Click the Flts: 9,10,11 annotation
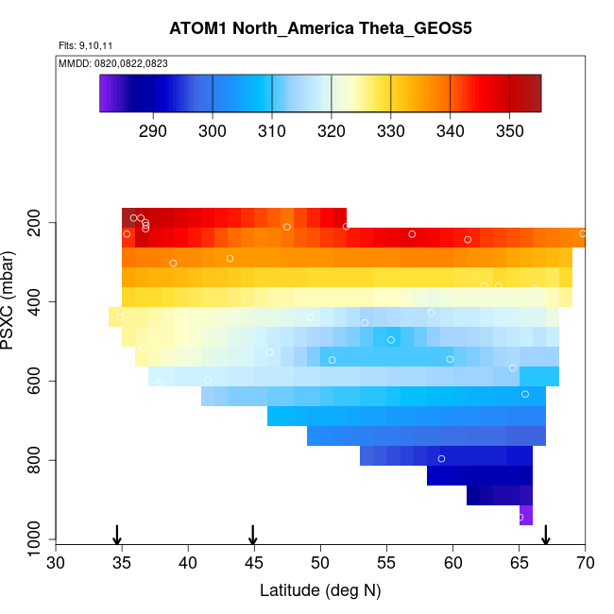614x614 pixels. click(x=86, y=45)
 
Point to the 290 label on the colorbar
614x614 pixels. click(x=153, y=130)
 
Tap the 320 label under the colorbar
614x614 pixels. click(x=332, y=130)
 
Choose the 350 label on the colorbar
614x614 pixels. click(x=509, y=130)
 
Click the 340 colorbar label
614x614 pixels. click(x=450, y=130)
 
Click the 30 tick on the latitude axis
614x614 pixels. click(x=56, y=564)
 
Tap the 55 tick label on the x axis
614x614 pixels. click(x=386, y=564)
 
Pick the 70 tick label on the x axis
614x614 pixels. click(x=585, y=564)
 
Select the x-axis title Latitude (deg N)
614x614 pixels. click(x=320, y=591)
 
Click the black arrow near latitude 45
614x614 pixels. click(x=253, y=535)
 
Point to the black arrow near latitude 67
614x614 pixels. click(x=546, y=535)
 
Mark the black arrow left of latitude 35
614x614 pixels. click(x=117, y=535)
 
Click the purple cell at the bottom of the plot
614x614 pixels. click(x=526, y=515)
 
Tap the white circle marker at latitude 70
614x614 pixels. click(x=583, y=232)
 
